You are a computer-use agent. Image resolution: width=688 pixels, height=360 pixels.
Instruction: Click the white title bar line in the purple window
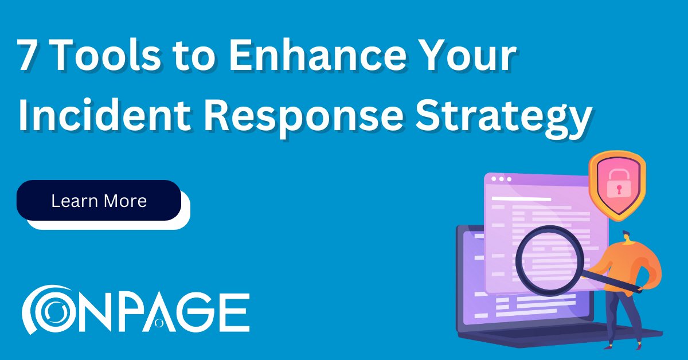tap(522, 199)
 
